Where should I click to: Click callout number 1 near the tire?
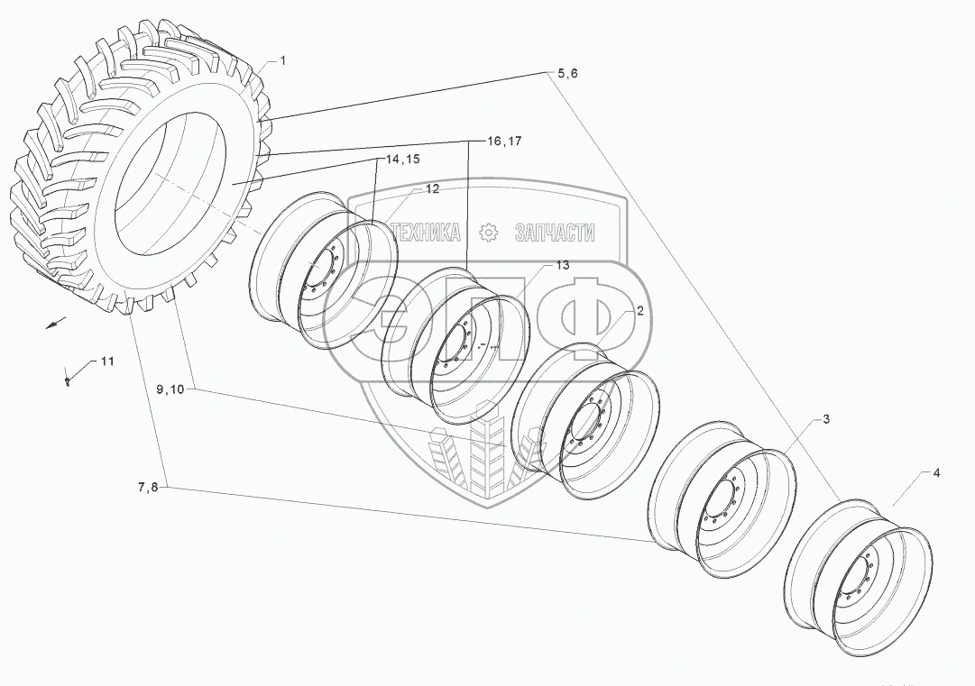pos(282,60)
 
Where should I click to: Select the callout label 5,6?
pos(567,74)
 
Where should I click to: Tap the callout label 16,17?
pos(503,142)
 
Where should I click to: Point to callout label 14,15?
pos(403,160)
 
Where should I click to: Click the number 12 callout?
pos(432,189)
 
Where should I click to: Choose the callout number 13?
pos(562,265)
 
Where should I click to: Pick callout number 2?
pos(639,311)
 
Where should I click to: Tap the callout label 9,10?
pos(170,389)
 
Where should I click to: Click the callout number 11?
pos(106,361)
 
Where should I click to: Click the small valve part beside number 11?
pos(69,380)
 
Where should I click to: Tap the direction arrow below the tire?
pos(56,323)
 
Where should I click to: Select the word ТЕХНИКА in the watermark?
pos(424,233)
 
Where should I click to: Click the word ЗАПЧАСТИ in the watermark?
pos(554,233)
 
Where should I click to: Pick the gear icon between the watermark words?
pos(488,233)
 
